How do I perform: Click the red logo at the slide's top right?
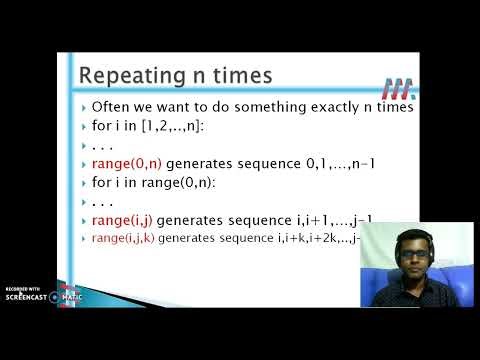coord(393,85)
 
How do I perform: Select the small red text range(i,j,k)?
coord(123,238)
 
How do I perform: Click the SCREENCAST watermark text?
coord(27,297)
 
